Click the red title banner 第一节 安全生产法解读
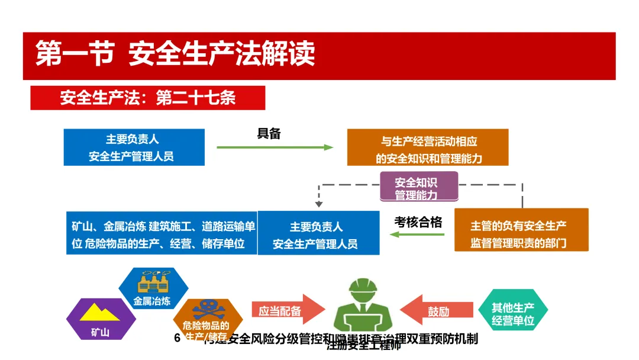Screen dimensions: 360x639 (319, 55)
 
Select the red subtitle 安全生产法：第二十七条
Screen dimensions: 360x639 (148, 98)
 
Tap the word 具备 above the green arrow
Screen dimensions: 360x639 (269, 134)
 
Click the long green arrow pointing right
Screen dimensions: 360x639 (275, 147)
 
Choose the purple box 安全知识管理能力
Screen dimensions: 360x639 (418, 188)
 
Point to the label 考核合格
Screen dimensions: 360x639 (418, 222)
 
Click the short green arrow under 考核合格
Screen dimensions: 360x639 (417, 235)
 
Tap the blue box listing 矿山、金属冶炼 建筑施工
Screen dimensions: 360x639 (162, 233)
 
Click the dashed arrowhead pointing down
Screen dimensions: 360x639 (319, 204)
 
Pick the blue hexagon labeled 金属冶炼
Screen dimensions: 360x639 (153, 289)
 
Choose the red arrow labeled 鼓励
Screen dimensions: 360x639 (438, 310)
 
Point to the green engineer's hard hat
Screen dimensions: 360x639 (363, 291)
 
